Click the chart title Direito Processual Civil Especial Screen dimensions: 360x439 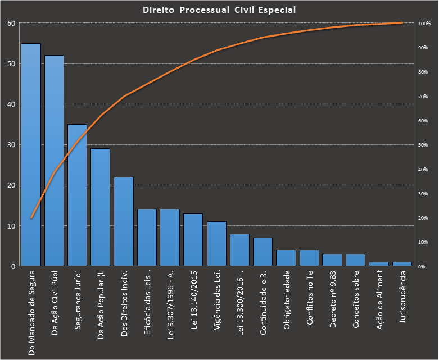(219, 10)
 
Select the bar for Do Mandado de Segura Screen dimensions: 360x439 (31, 154)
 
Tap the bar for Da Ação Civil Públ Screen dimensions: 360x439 (54, 161)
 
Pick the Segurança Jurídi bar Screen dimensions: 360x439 (78, 195)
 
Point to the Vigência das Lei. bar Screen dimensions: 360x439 (216, 244)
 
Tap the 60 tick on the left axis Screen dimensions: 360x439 (11, 23)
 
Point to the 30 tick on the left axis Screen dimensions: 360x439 (11, 145)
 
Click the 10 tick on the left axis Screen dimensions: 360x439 (11, 226)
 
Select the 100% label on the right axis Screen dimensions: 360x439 (424, 24)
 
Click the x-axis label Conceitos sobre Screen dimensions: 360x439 (356, 300)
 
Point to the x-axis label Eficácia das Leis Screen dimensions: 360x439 (147, 301)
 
